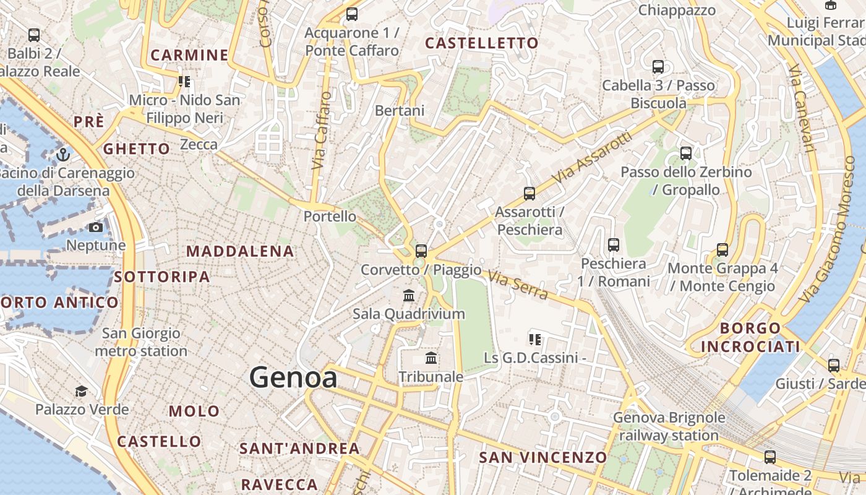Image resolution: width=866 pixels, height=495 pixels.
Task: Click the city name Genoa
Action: click(293, 377)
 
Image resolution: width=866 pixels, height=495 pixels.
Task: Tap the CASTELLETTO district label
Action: click(482, 43)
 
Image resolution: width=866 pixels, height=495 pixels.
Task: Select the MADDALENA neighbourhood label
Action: click(240, 251)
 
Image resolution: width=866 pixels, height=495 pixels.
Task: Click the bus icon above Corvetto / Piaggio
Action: click(421, 251)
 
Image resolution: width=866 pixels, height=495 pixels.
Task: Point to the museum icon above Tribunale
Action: click(431, 358)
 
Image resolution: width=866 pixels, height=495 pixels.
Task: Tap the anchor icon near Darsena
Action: click(62, 154)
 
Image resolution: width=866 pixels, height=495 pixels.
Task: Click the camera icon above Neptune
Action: click(95, 227)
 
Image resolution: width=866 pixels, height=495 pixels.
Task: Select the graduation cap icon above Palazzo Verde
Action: click(82, 391)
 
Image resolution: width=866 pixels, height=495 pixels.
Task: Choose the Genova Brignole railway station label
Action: click(669, 426)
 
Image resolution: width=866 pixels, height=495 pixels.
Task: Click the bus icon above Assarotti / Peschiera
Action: click(529, 193)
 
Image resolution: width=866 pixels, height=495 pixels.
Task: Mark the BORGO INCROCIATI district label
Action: click(750, 337)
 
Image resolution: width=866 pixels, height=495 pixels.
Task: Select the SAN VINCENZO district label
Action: click(543, 457)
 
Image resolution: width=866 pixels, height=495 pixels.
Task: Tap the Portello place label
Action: click(330, 216)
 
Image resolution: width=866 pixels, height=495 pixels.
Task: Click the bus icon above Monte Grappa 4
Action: click(722, 250)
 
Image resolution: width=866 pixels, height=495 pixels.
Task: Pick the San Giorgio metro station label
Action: click(141, 342)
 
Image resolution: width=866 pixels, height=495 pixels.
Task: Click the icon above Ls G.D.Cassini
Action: click(535, 339)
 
